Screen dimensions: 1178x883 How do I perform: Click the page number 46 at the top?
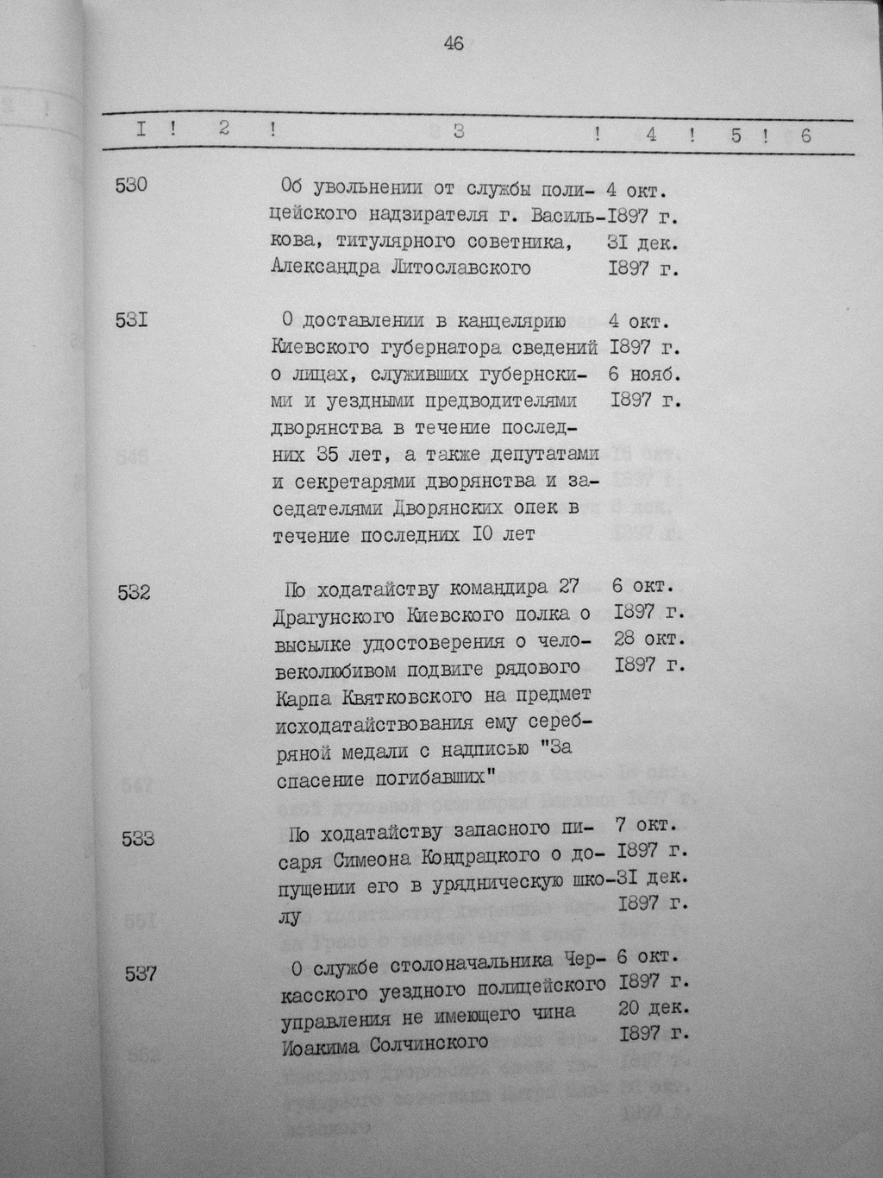[x=454, y=44]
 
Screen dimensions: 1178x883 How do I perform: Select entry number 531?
[x=131, y=320]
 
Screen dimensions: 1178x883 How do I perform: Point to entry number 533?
[x=138, y=836]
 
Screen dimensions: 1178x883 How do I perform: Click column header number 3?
[x=459, y=132]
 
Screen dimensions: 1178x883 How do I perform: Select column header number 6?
[x=805, y=135]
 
